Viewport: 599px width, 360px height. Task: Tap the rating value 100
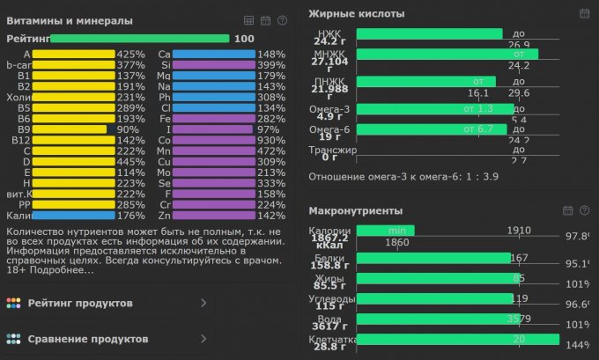(244, 39)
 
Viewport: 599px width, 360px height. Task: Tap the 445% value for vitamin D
(130, 162)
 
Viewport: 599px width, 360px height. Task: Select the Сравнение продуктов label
(86, 339)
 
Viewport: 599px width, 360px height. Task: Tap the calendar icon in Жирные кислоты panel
(584, 13)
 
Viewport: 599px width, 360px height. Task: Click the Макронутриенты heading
(355, 211)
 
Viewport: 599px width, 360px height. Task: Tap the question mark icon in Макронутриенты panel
(585, 211)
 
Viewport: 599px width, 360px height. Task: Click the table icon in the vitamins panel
(249, 20)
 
